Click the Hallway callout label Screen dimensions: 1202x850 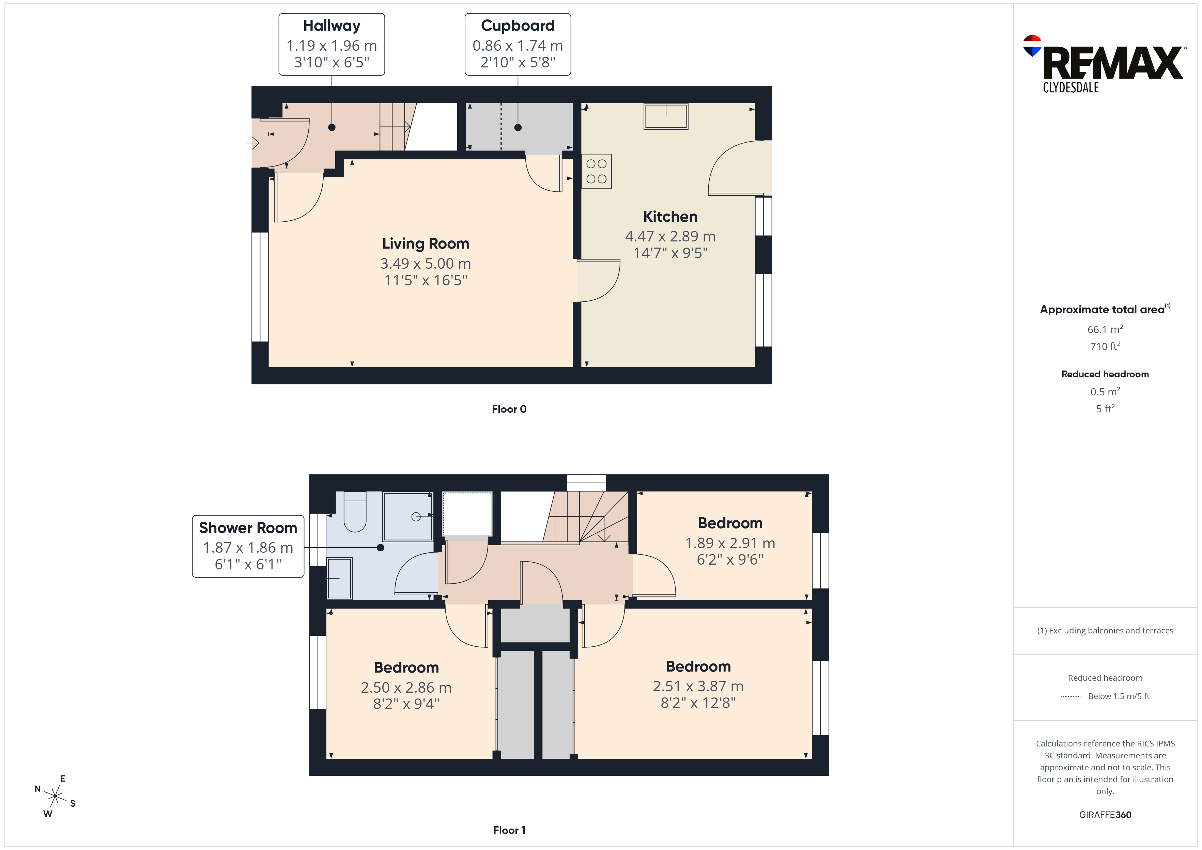click(332, 26)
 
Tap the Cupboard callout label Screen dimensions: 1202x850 click(518, 26)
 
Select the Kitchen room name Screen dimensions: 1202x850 click(670, 217)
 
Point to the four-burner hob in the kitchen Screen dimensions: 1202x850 click(596, 171)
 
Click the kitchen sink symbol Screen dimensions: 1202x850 click(666, 116)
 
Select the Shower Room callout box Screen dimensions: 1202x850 click(248, 547)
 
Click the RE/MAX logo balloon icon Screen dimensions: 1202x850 click(1032, 46)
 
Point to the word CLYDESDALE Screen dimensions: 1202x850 click(1070, 88)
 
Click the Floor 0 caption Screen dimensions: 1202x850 click(509, 409)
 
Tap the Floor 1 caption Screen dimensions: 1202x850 click(509, 830)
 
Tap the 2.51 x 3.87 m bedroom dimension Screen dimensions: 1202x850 click(698, 686)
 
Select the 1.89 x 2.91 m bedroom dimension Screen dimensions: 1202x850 click(730, 543)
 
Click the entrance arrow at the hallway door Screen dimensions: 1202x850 click(253, 142)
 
